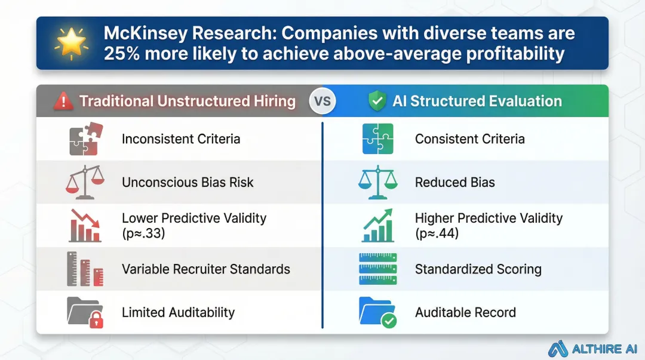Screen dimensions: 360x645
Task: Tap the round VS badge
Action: tap(322, 101)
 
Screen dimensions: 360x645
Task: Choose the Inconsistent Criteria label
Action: tap(181, 139)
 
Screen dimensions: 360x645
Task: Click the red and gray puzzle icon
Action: tap(85, 139)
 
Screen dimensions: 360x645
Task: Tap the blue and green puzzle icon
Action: tap(377, 139)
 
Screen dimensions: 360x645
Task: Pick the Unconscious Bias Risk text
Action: tap(188, 183)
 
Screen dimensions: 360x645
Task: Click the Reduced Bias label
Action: tap(454, 183)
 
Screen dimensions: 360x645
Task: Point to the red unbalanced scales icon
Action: tap(85, 182)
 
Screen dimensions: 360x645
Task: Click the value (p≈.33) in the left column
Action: tap(143, 233)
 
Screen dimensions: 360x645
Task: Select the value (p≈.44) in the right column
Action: tap(437, 233)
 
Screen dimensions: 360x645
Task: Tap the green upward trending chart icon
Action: tap(377, 225)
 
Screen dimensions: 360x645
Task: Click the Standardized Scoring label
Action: tap(478, 269)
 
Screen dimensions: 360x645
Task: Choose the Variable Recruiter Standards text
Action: tap(206, 269)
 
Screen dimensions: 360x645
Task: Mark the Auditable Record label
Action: tap(465, 312)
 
